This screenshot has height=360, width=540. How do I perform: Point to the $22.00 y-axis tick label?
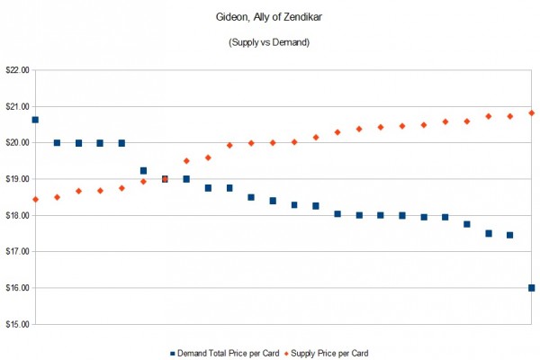point(17,69)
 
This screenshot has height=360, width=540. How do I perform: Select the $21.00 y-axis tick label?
point(17,106)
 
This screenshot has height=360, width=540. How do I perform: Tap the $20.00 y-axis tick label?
point(17,142)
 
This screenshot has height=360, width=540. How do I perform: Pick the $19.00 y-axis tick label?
point(17,179)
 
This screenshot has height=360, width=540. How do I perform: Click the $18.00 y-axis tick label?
point(17,215)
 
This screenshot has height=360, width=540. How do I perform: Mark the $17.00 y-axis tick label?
point(17,251)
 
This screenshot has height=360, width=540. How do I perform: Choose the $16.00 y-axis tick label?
point(17,288)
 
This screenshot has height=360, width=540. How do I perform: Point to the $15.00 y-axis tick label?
point(17,324)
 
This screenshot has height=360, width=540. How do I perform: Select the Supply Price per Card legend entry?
point(330,353)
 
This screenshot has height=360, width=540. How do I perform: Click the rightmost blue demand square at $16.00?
point(532,288)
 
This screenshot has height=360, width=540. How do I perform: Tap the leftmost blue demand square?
point(35,120)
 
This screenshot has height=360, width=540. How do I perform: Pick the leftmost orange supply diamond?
point(35,199)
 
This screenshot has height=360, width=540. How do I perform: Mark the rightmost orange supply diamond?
point(532,112)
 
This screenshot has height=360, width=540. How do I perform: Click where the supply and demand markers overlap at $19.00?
point(165,179)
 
